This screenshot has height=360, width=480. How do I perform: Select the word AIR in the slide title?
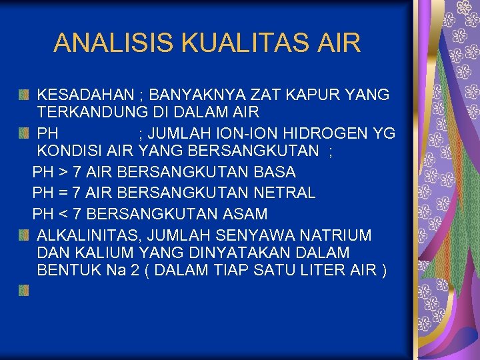(339, 43)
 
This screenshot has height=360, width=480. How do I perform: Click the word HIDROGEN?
(327, 133)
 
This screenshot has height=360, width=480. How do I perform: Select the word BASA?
(275, 172)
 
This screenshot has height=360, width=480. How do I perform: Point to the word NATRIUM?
(337, 235)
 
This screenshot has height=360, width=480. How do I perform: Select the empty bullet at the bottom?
(23, 290)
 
